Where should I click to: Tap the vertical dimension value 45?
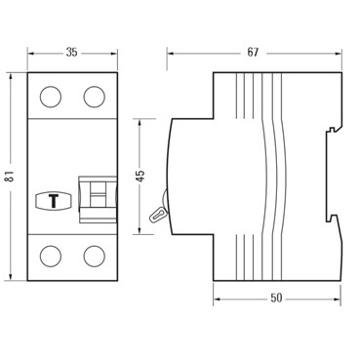click(x=140, y=176)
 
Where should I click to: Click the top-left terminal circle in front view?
click(x=49, y=97)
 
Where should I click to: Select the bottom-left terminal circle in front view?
click(x=49, y=257)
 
